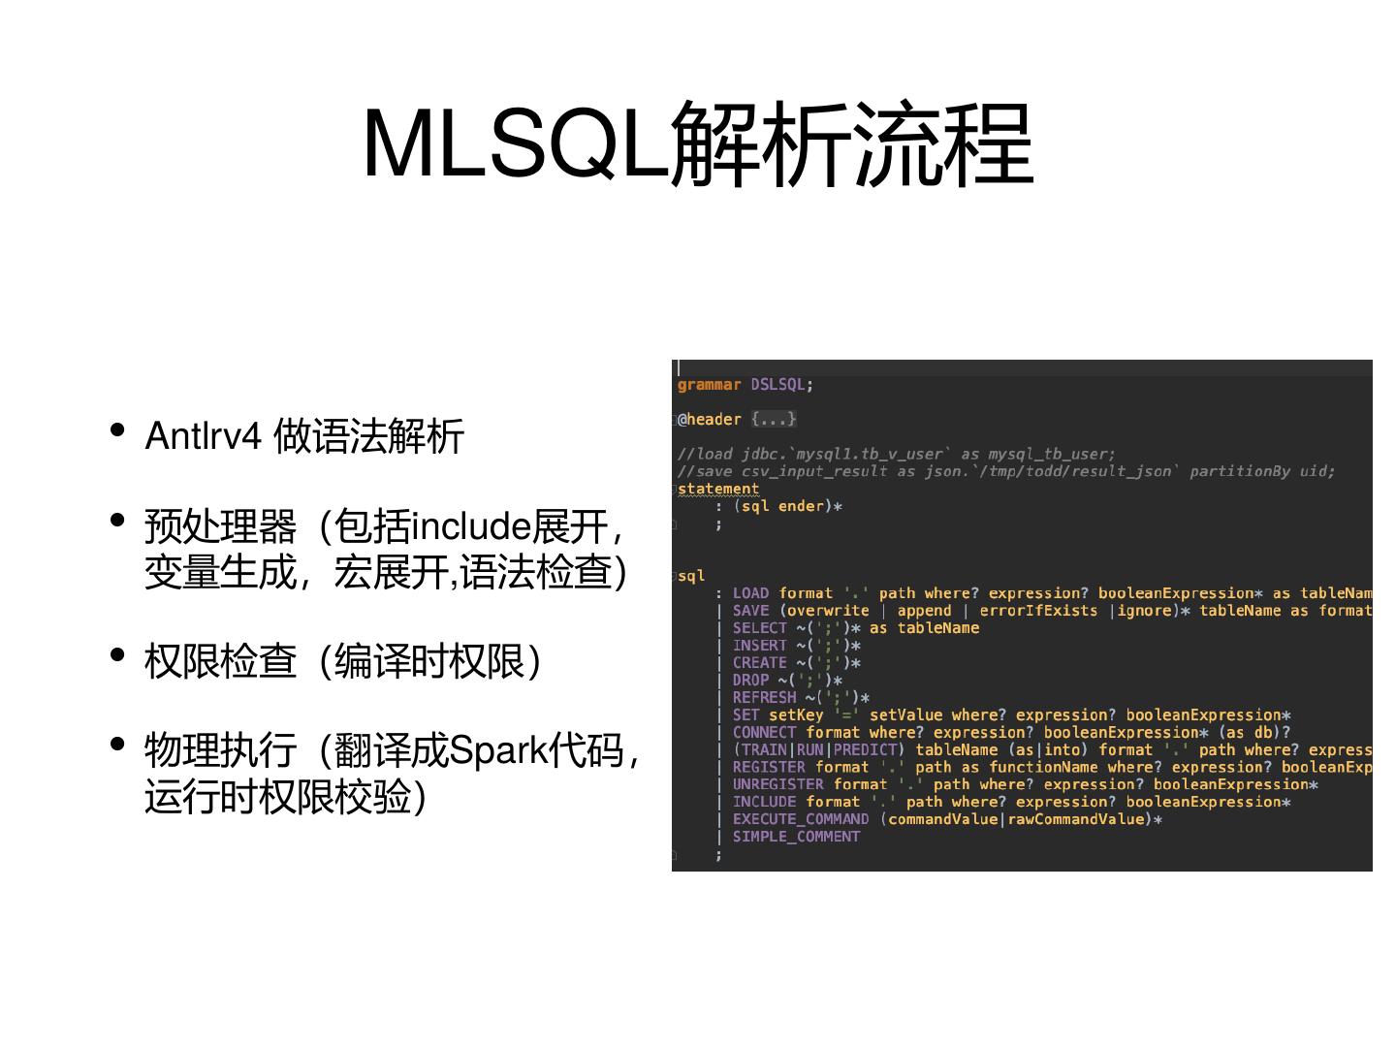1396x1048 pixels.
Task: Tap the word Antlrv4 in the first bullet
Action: [203, 436]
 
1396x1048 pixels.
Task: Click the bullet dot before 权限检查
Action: [118, 654]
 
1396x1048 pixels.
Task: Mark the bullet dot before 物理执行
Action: [118, 744]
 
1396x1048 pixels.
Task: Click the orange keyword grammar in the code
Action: [709, 385]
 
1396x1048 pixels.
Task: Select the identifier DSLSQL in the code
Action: [777, 385]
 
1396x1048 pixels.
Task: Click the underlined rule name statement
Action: [717, 489]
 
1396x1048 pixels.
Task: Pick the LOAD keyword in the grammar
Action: [750, 593]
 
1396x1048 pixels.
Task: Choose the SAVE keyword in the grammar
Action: [750, 611]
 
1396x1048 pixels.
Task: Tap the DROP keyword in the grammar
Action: [750, 681]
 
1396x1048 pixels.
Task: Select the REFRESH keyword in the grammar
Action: [764, 698]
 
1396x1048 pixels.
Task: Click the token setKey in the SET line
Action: [796, 715]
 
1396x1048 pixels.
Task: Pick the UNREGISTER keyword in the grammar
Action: [777, 784]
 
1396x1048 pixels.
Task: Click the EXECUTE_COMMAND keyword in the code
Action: [801, 819]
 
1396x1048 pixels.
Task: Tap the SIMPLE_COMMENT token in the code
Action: [796, 837]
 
